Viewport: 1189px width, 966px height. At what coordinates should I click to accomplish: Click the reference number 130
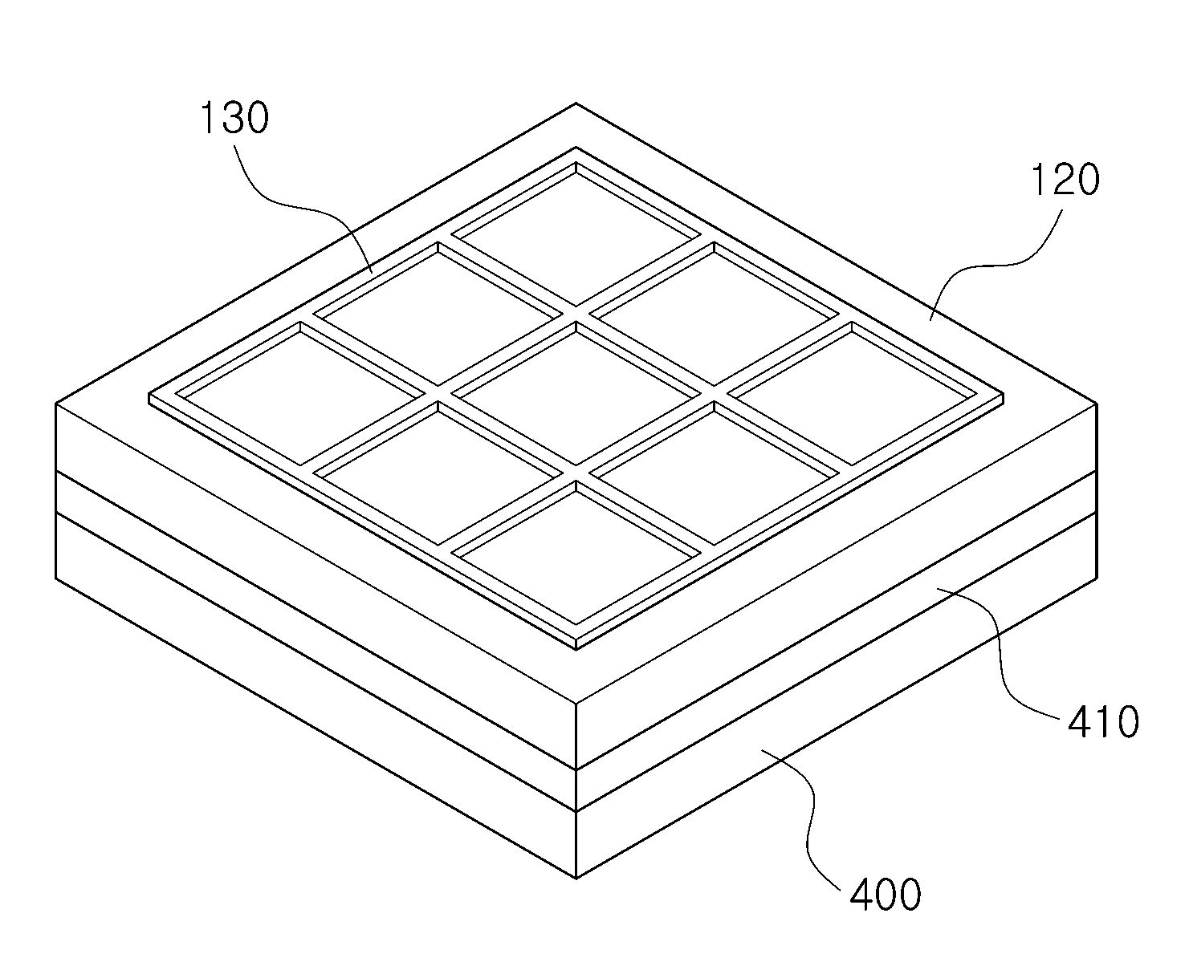coord(234,118)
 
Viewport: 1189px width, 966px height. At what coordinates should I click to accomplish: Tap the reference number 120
coord(1065,180)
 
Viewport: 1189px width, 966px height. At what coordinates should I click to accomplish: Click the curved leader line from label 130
coord(312,211)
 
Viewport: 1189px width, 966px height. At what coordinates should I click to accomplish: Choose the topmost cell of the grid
coord(576,234)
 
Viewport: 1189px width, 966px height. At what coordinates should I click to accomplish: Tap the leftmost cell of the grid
coord(300,394)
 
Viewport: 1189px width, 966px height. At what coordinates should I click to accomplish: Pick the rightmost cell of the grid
coord(852,394)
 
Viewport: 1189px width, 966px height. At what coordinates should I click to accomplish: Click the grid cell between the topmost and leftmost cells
coord(438,314)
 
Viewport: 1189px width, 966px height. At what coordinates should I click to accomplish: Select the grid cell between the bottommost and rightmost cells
coord(714,473)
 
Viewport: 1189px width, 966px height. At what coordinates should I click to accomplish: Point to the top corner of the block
coord(576,103)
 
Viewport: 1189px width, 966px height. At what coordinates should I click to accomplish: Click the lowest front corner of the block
coord(576,879)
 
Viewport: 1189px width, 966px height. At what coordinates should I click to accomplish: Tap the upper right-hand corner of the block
coord(1097,404)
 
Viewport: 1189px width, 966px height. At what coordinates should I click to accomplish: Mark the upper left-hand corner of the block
coord(56,404)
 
